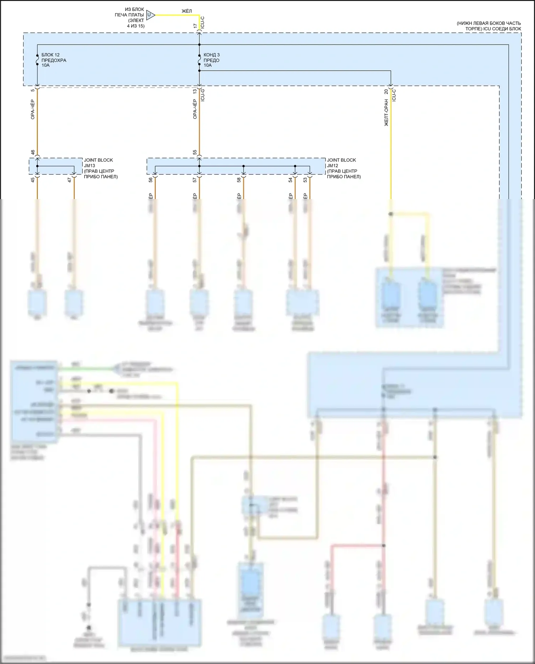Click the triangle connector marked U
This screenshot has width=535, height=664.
coord(150,15)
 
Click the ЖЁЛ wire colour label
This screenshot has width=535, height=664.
coord(187,11)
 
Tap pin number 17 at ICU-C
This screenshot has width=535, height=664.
coord(195,26)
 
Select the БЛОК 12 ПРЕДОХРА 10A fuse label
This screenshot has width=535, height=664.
coord(53,60)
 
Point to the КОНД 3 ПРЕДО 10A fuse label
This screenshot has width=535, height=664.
coord(212,60)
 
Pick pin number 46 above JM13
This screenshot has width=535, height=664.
coord(33,152)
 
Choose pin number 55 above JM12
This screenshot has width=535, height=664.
coord(195,152)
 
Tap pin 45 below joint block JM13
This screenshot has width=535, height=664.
coord(33,180)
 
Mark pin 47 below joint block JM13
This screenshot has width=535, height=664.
coord(70,180)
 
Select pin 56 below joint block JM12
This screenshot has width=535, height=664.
coord(151,180)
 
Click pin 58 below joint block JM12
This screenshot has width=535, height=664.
coord(239,180)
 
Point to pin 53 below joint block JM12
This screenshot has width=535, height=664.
coord(305,180)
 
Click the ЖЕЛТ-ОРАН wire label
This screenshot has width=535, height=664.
coord(386,113)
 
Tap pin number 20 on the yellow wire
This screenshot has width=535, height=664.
coord(386,91)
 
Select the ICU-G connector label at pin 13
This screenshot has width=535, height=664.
coord(203,95)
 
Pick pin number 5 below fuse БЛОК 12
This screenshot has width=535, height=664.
coord(33,90)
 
